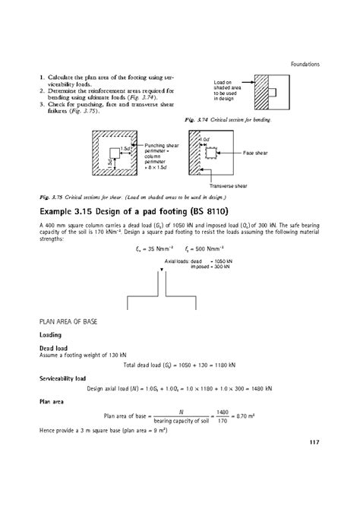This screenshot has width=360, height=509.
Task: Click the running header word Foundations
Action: pyautogui.click(x=305, y=64)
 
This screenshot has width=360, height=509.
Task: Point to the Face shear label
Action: pyautogui.click(x=257, y=153)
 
